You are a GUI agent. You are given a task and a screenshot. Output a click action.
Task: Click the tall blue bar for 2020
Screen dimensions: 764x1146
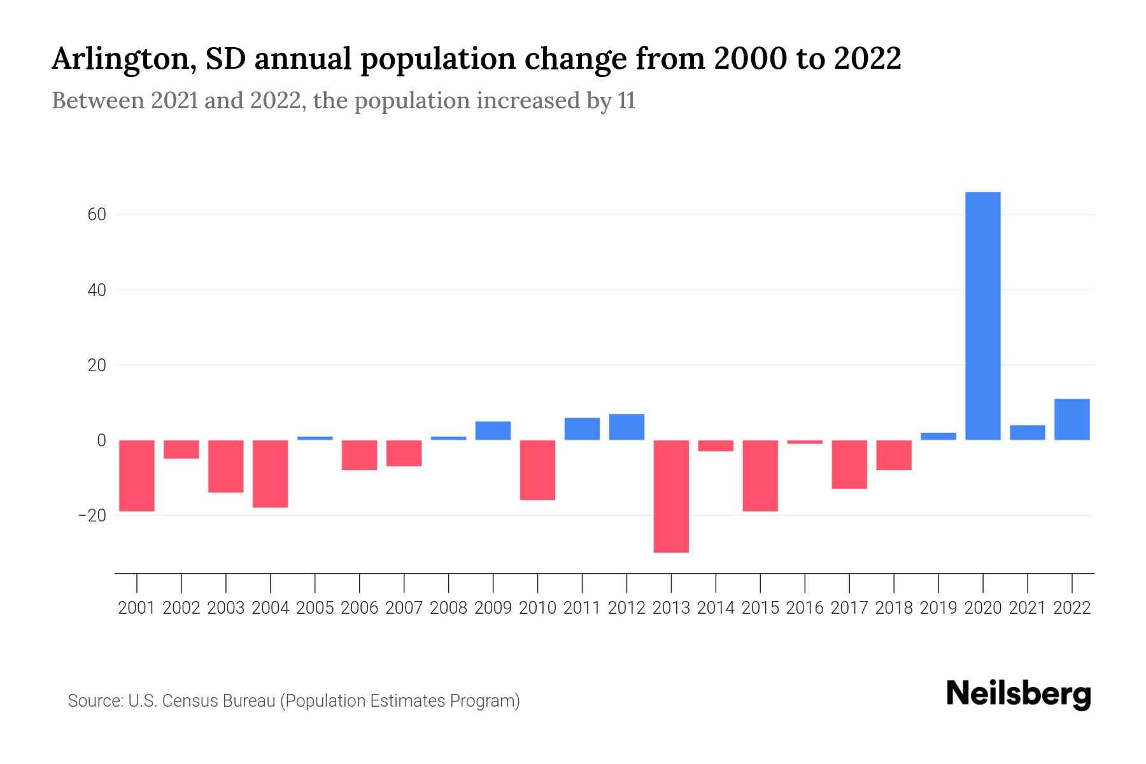click(x=982, y=316)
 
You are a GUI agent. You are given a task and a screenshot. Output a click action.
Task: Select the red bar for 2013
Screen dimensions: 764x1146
click(x=671, y=496)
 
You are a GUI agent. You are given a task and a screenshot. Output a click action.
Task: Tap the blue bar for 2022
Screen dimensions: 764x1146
click(x=1072, y=420)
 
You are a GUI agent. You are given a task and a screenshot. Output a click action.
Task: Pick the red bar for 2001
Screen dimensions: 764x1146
click(x=137, y=476)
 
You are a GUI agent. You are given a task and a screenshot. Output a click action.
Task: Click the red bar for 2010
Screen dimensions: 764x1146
click(x=537, y=470)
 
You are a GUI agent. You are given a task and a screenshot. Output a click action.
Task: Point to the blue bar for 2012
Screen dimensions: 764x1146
click(x=626, y=427)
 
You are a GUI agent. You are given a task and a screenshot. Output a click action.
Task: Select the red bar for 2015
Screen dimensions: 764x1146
click(x=760, y=476)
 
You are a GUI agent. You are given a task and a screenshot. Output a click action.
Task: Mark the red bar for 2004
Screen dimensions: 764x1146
click(x=271, y=474)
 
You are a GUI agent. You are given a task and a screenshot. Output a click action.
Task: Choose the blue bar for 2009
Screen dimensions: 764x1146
click(x=493, y=431)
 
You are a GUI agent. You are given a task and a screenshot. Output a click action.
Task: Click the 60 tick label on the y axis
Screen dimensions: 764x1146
click(x=97, y=215)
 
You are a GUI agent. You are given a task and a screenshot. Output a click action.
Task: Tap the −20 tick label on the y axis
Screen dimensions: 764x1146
click(x=92, y=515)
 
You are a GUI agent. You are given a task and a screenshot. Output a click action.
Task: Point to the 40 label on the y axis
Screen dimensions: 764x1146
click(x=97, y=290)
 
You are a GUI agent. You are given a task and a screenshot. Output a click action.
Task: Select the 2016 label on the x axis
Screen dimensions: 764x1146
click(x=805, y=608)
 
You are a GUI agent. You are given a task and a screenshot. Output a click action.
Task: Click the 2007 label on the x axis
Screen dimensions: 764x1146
click(x=404, y=608)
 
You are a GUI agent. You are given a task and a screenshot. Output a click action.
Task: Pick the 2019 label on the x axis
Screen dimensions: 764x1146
click(x=938, y=608)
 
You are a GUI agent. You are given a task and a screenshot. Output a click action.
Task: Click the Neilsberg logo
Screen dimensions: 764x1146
click(x=1019, y=695)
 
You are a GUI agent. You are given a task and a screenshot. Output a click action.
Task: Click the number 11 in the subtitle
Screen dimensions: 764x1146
click(x=626, y=101)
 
